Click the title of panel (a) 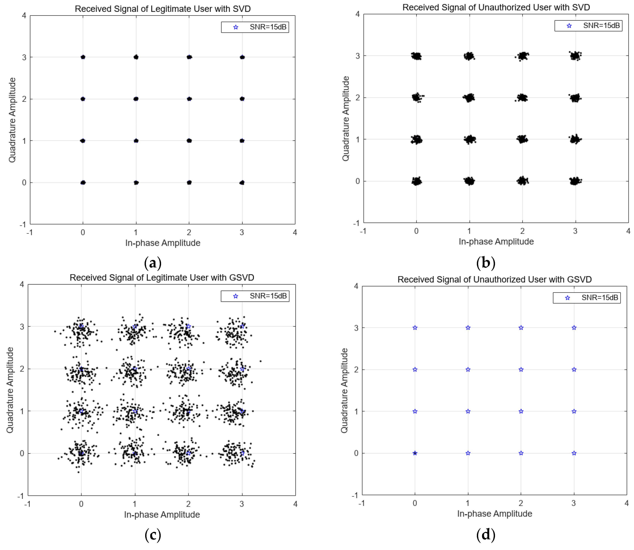[163, 9]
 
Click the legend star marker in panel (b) [569, 26]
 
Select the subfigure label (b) [486, 263]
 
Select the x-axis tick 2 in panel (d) [521, 503]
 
